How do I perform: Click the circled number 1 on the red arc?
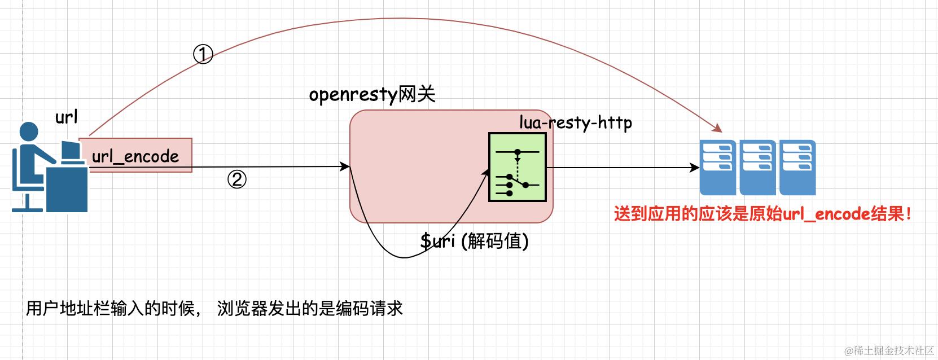pyautogui.click(x=203, y=55)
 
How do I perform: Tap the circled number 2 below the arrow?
pyautogui.click(x=237, y=179)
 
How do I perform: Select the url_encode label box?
pyautogui.click(x=135, y=156)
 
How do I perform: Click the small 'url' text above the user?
pyautogui.click(x=66, y=117)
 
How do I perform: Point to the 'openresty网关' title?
pyautogui.click(x=372, y=94)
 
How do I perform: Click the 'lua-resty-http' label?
pyautogui.click(x=576, y=122)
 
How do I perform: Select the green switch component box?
pyautogui.click(x=518, y=168)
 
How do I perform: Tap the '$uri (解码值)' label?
pyautogui.click(x=474, y=241)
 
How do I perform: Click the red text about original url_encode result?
pyautogui.click(x=762, y=214)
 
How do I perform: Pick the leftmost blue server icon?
pyautogui.click(x=718, y=167)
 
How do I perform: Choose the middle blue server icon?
pyautogui.click(x=757, y=167)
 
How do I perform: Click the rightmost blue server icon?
pyautogui.click(x=797, y=167)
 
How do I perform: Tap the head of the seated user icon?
pyautogui.click(x=29, y=131)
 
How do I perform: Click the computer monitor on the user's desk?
pyautogui.click(x=71, y=151)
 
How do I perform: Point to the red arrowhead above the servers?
pyautogui.click(x=717, y=128)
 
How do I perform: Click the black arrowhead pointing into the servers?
pyautogui.click(x=695, y=168)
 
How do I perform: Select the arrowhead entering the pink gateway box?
pyautogui.click(x=345, y=166)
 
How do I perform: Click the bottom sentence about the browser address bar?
pyautogui.click(x=214, y=309)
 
